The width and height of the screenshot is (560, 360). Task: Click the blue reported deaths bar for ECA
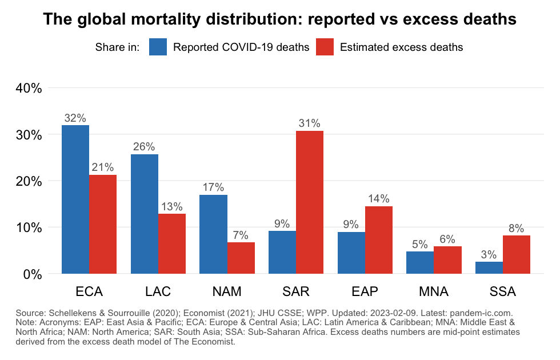75,199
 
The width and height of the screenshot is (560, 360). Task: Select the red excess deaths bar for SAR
310,202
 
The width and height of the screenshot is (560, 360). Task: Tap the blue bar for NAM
213,234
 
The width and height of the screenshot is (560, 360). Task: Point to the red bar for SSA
517,254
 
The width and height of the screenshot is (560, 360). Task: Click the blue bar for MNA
420,262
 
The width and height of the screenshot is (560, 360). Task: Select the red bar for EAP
379,240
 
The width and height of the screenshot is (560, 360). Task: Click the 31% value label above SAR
309,123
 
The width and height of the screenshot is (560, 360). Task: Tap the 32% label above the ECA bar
75,118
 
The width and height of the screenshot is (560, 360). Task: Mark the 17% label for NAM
213,187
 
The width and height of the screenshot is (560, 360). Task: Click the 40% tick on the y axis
29,89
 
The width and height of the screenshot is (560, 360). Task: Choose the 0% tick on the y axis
32,274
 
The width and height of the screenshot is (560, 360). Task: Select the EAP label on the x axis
365,292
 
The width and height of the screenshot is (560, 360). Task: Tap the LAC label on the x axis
158,292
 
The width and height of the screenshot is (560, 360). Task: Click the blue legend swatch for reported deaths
158,47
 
